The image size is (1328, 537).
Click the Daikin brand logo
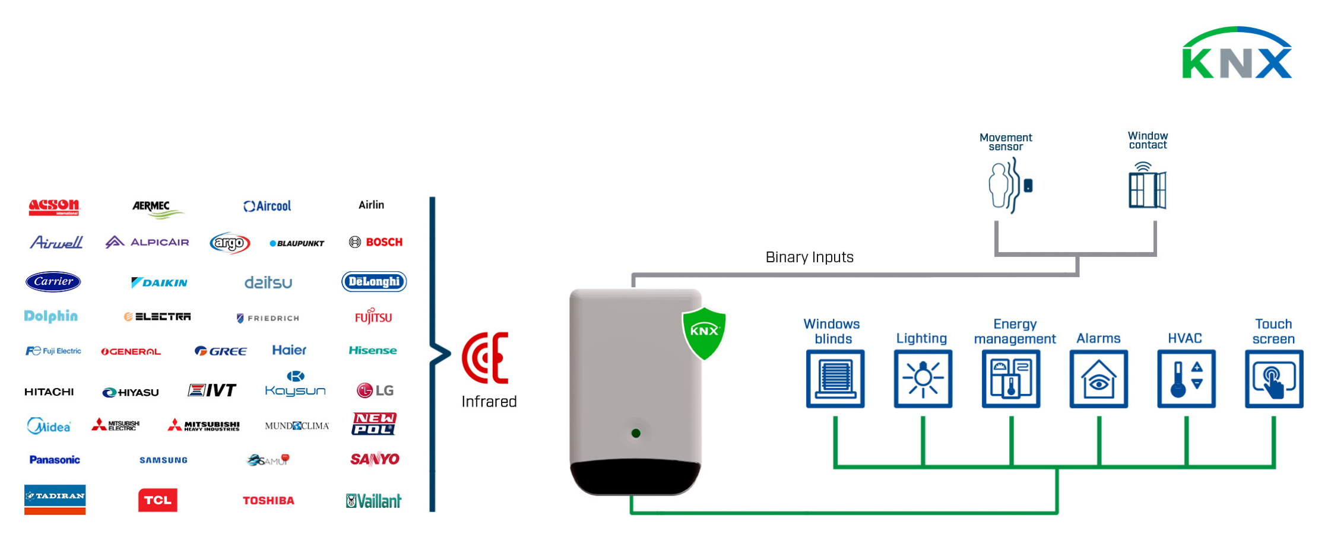point(159,282)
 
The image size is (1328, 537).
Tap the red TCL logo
point(157,500)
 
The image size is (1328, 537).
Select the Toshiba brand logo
point(268,500)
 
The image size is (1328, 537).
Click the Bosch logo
point(376,242)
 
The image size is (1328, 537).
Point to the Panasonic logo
point(55,460)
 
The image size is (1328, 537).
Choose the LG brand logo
point(375,390)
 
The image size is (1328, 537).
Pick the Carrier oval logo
point(53,281)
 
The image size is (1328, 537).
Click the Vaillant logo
point(374,501)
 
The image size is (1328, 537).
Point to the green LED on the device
point(636,433)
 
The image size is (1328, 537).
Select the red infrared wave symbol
point(486,358)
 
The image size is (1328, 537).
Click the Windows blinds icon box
point(835,379)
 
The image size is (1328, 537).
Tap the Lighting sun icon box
point(923,379)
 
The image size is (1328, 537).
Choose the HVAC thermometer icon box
point(1186,379)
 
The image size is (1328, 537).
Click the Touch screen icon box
point(1274,379)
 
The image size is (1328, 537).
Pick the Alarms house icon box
point(1098,379)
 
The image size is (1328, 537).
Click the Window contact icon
point(1147,186)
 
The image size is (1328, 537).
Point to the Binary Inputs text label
point(809,257)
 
